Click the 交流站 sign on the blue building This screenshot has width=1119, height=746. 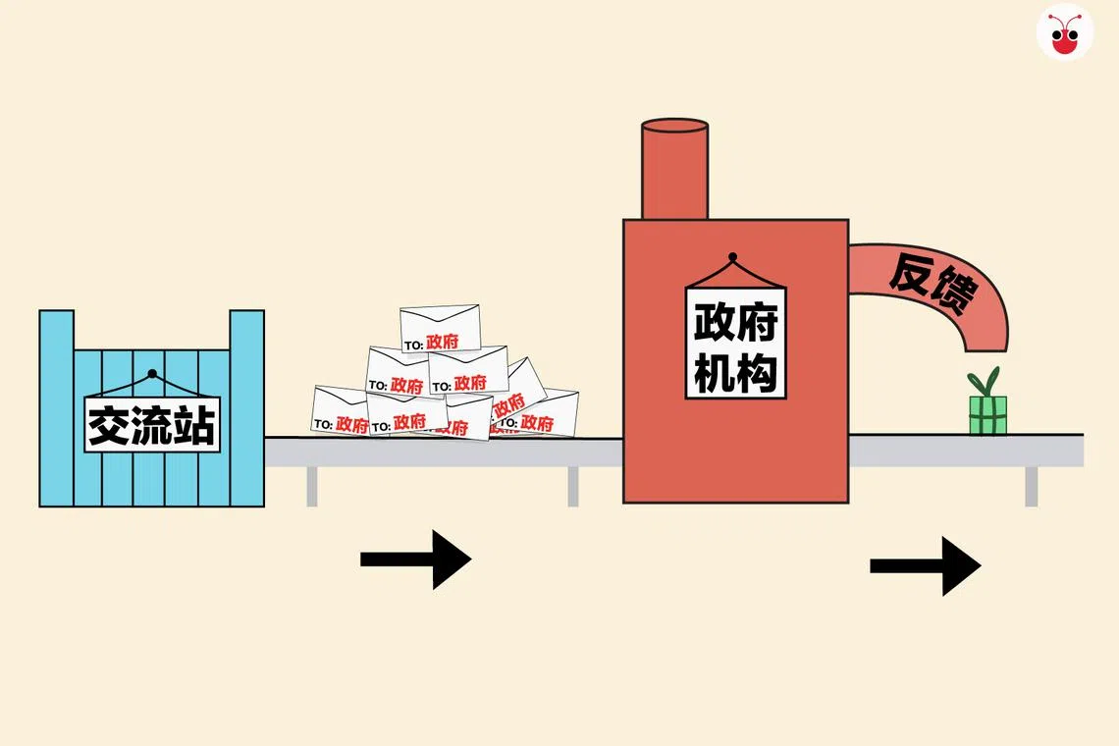point(152,424)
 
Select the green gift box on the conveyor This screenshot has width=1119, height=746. point(987,414)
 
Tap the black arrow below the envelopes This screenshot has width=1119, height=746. point(416,559)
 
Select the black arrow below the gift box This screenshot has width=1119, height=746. point(925,565)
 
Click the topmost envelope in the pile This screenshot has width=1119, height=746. point(440,328)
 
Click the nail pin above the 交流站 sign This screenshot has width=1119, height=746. point(151,374)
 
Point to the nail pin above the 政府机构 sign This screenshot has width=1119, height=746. point(732,257)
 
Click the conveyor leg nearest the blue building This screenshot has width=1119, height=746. point(312,486)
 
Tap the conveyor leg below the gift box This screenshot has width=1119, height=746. point(1031,486)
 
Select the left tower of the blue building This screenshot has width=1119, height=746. point(56,334)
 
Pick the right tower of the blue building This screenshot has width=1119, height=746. point(246,334)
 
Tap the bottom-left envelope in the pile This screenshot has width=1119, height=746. point(340,410)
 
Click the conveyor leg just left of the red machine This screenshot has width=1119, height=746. point(573,486)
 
